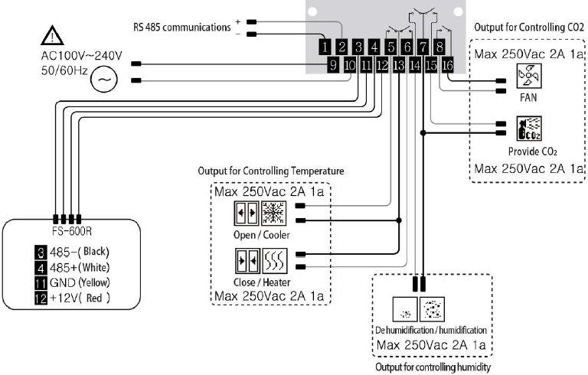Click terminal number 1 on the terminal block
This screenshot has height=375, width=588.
[x=325, y=47]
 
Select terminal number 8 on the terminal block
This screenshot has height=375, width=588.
[x=439, y=47]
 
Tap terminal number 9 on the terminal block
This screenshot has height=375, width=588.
[x=333, y=65]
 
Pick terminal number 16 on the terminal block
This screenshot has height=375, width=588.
[x=448, y=65]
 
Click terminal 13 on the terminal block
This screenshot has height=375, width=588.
[x=399, y=65]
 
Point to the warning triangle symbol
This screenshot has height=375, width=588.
[x=52, y=35]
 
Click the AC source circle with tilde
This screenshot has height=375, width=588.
[x=104, y=79]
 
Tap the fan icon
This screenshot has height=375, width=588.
[x=529, y=76]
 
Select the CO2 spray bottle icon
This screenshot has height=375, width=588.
[x=529, y=129]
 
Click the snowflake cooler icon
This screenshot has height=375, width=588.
[x=274, y=214]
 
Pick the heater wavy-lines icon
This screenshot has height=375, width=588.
[x=275, y=261]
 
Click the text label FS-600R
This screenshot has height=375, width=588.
[x=72, y=231]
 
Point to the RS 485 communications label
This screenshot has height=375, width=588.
[x=182, y=28]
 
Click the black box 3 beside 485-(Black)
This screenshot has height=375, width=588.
[x=41, y=253]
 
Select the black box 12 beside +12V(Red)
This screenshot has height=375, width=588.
[x=41, y=298]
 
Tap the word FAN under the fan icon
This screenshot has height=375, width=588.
[x=528, y=97]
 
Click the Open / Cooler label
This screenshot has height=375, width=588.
[x=261, y=235]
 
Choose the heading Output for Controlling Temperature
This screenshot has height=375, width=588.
[x=271, y=171]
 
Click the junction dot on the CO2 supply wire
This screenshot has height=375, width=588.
[x=423, y=132]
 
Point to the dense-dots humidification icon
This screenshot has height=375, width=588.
[x=432, y=309]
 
